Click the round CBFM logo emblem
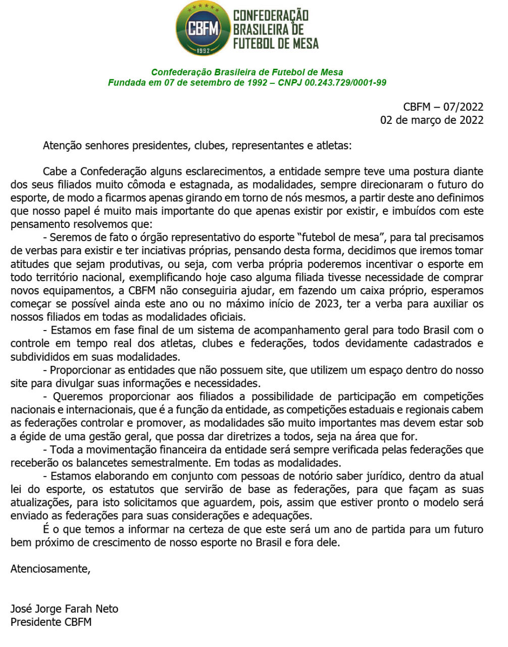click(203, 28)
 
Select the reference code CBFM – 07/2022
click(443, 107)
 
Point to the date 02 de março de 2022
click(432, 120)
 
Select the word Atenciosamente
click(50, 569)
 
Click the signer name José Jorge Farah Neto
click(64, 609)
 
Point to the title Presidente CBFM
click(51, 622)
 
